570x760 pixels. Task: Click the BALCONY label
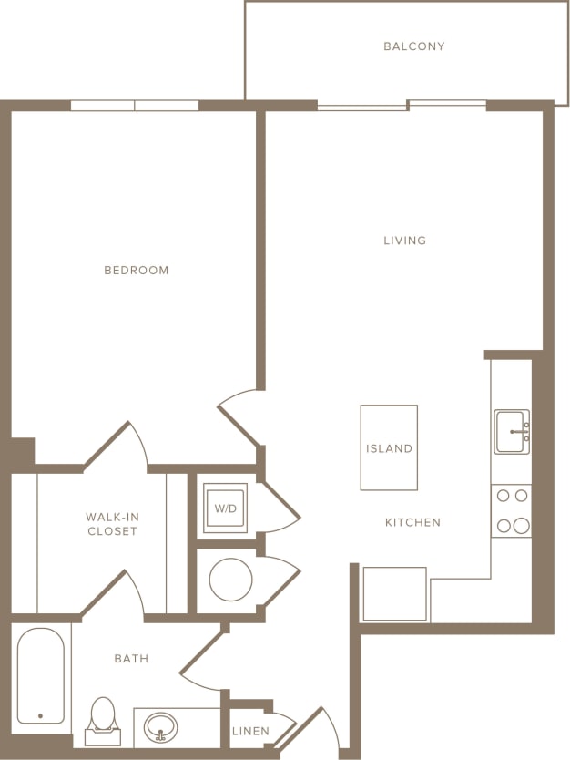pos(414,46)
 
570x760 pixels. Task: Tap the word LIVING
pos(405,241)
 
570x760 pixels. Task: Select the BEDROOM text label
pos(137,271)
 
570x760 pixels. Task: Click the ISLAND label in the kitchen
pos(390,448)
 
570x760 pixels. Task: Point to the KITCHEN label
pos(412,522)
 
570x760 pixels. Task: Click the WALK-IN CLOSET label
pos(112,524)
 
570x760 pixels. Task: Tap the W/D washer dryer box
pos(225,508)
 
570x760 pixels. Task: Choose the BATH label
pos(131,658)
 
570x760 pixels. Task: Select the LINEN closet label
pos(250,731)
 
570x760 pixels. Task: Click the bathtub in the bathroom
pos(41,676)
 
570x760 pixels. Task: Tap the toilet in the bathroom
pos(103,715)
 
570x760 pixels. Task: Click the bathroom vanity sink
pos(162,727)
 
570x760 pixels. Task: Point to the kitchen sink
pos(512,431)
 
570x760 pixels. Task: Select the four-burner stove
pos(511,510)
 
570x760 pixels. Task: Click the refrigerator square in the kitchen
pos(395,593)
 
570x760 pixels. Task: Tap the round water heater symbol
pos(230,580)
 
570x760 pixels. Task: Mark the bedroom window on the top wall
pos(135,106)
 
